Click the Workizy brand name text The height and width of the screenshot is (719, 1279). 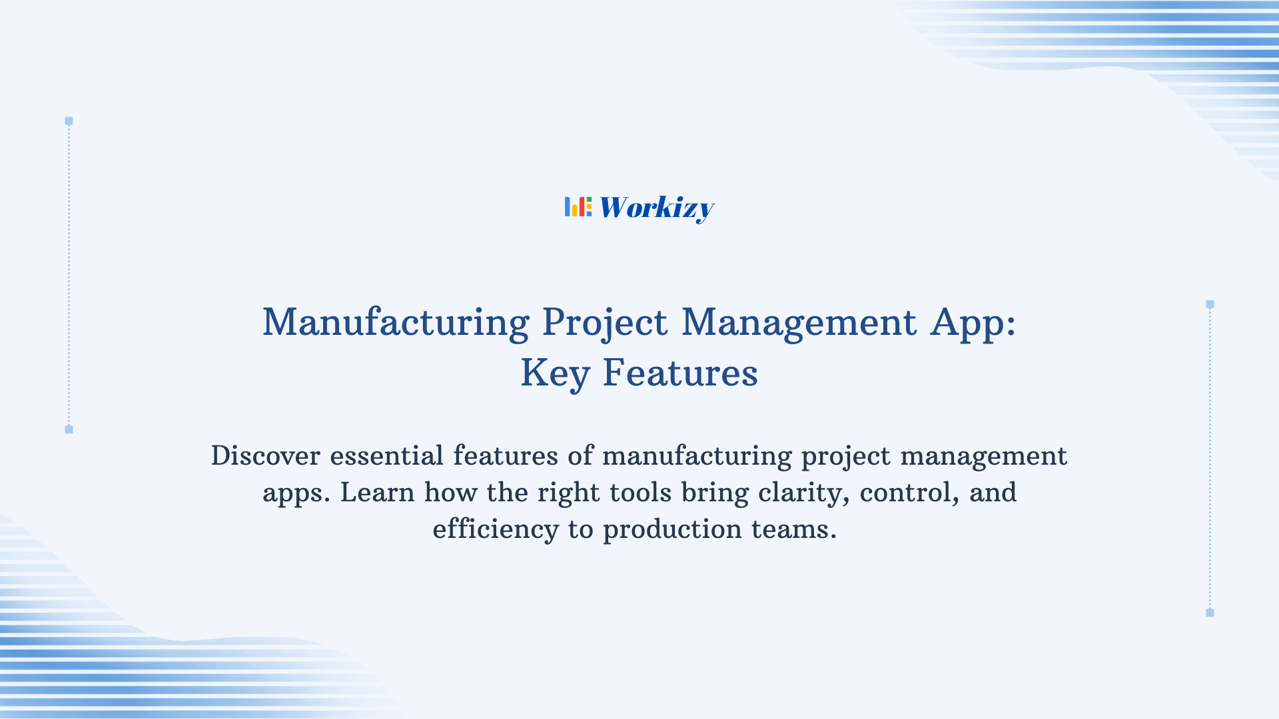pos(656,208)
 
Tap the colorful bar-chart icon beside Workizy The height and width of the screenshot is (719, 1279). pos(578,206)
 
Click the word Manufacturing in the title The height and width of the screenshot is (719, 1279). pos(396,322)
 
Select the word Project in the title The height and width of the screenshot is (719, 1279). pos(604,324)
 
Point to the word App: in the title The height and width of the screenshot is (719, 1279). pos(973,324)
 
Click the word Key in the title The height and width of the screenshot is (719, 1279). pos(555,373)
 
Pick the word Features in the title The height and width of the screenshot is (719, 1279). pos(680,372)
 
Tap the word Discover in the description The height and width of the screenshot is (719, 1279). pos(266,456)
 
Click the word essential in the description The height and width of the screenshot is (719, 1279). pos(386,456)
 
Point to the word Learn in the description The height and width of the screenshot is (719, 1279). pos(377,493)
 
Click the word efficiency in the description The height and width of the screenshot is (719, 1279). pos(496,530)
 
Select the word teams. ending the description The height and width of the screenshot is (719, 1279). pos(793,529)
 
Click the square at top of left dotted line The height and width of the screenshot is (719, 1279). pos(69,121)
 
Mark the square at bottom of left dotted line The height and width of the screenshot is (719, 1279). pos(69,429)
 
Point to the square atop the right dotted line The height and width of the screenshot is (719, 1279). pos(1210,304)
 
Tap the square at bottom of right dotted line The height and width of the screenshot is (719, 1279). pos(1210,612)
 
